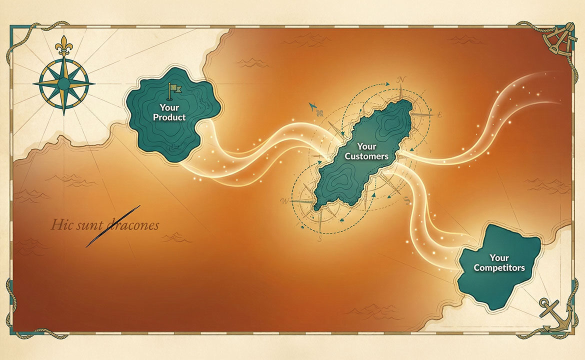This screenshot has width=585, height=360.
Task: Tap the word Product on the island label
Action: click(169, 117)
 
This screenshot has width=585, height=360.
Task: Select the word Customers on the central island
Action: click(366, 156)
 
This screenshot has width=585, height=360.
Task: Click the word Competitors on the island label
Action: click(499, 268)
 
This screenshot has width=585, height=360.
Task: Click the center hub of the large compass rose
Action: click(63, 82)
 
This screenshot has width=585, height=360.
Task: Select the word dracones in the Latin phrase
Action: click(131, 225)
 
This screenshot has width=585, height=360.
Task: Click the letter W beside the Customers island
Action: click(284, 201)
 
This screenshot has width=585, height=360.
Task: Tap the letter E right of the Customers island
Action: click(439, 114)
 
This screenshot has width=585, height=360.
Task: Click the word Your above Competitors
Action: click(499, 258)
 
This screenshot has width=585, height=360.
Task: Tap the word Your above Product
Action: click(169, 107)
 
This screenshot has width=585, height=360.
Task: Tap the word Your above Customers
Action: click(366, 146)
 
